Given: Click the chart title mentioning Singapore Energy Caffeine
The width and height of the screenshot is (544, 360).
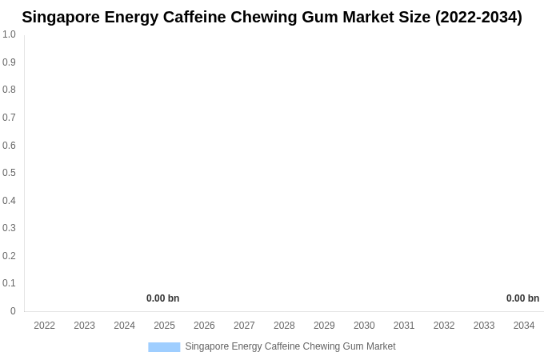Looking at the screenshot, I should [x=271, y=17].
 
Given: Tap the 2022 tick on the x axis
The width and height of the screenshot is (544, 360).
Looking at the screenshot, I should [x=44, y=326].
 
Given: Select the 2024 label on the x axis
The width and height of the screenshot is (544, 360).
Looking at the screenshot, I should [x=124, y=326].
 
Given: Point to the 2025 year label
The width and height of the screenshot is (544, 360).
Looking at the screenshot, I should [x=164, y=326].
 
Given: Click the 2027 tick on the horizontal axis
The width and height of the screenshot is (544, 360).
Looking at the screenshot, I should [x=244, y=326].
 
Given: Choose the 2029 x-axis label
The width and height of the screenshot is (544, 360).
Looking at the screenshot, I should [x=324, y=326].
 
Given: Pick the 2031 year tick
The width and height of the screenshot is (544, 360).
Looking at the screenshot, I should [x=404, y=326].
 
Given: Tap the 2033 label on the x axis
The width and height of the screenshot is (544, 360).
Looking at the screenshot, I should [x=484, y=326].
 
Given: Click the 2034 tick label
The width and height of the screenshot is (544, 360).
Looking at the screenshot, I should [x=524, y=326].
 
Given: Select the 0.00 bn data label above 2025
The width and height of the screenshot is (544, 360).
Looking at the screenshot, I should [x=162, y=298].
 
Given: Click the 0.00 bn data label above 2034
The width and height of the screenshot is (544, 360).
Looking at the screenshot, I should [x=522, y=298].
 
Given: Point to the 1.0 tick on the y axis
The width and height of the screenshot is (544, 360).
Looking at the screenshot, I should [x=9, y=34].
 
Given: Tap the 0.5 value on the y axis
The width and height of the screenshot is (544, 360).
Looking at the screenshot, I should [x=9, y=173].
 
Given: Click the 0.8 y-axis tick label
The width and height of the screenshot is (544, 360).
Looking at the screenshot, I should [x=9, y=90].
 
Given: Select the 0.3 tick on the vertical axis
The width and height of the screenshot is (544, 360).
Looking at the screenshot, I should [x=9, y=228].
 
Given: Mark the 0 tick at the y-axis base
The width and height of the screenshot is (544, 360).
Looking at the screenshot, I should [x=13, y=311].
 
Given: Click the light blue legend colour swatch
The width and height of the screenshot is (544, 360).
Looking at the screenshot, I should [x=164, y=346].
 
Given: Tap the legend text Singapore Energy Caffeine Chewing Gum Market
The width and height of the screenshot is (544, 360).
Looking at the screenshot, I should [x=290, y=346].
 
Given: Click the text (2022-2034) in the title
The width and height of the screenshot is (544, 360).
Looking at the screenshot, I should [x=478, y=17].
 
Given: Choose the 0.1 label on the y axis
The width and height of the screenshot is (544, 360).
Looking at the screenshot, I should [x=9, y=283].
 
